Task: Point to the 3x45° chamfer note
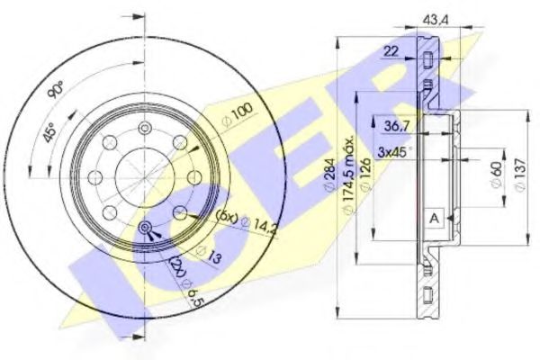click(395, 149)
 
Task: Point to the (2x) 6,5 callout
click(184, 278)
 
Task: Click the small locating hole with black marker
click(145, 229)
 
